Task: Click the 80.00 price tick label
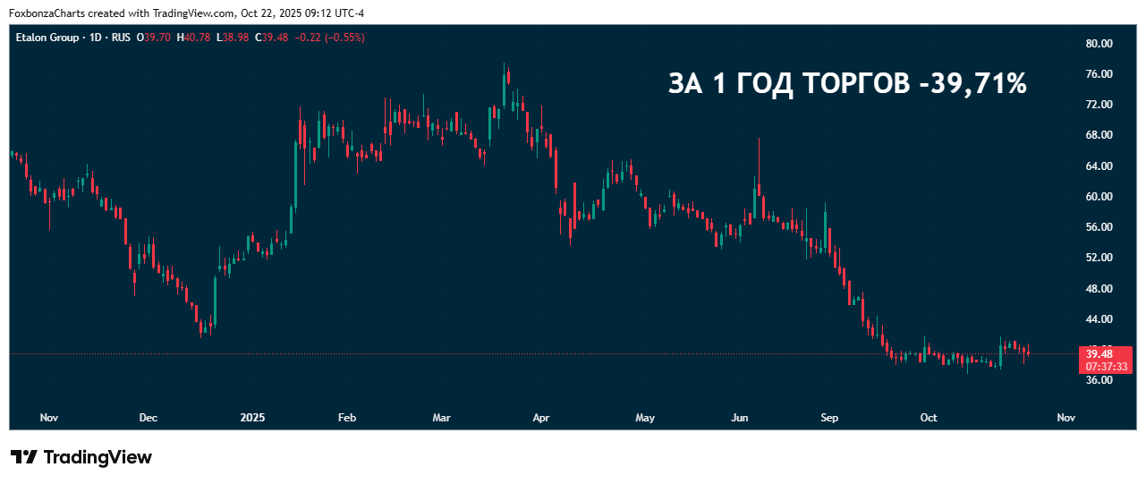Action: coord(1099,44)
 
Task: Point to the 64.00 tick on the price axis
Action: coord(1099,166)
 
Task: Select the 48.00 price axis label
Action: coord(1099,289)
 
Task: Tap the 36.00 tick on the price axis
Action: coord(1099,380)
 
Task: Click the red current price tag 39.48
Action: coord(1099,354)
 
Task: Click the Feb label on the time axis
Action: coord(347,418)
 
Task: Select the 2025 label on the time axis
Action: coord(253,418)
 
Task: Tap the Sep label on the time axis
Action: coord(829,418)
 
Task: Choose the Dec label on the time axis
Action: coord(149,418)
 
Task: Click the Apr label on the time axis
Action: coord(540,418)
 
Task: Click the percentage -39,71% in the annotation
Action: coord(972,84)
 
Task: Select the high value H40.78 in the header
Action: coord(194,38)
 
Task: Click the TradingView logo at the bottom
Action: coord(81,457)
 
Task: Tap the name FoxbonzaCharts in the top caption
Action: coord(43,13)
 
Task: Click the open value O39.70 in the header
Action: coord(154,38)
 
